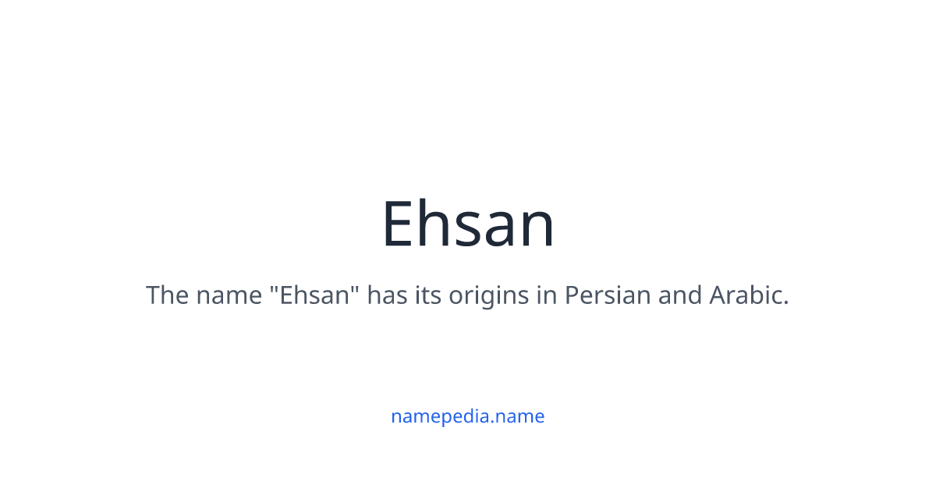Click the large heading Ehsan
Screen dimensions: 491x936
tap(468, 224)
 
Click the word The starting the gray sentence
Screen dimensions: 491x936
tap(167, 295)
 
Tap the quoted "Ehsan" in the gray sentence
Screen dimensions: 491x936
tap(315, 295)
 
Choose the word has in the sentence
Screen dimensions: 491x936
tap(388, 295)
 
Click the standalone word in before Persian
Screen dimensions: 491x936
tap(544, 295)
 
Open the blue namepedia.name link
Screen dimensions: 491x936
tap(468, 416)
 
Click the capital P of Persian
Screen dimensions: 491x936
tap(570, 295)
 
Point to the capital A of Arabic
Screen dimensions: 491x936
tap(717, 295)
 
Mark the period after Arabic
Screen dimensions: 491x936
tap(786, 303)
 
